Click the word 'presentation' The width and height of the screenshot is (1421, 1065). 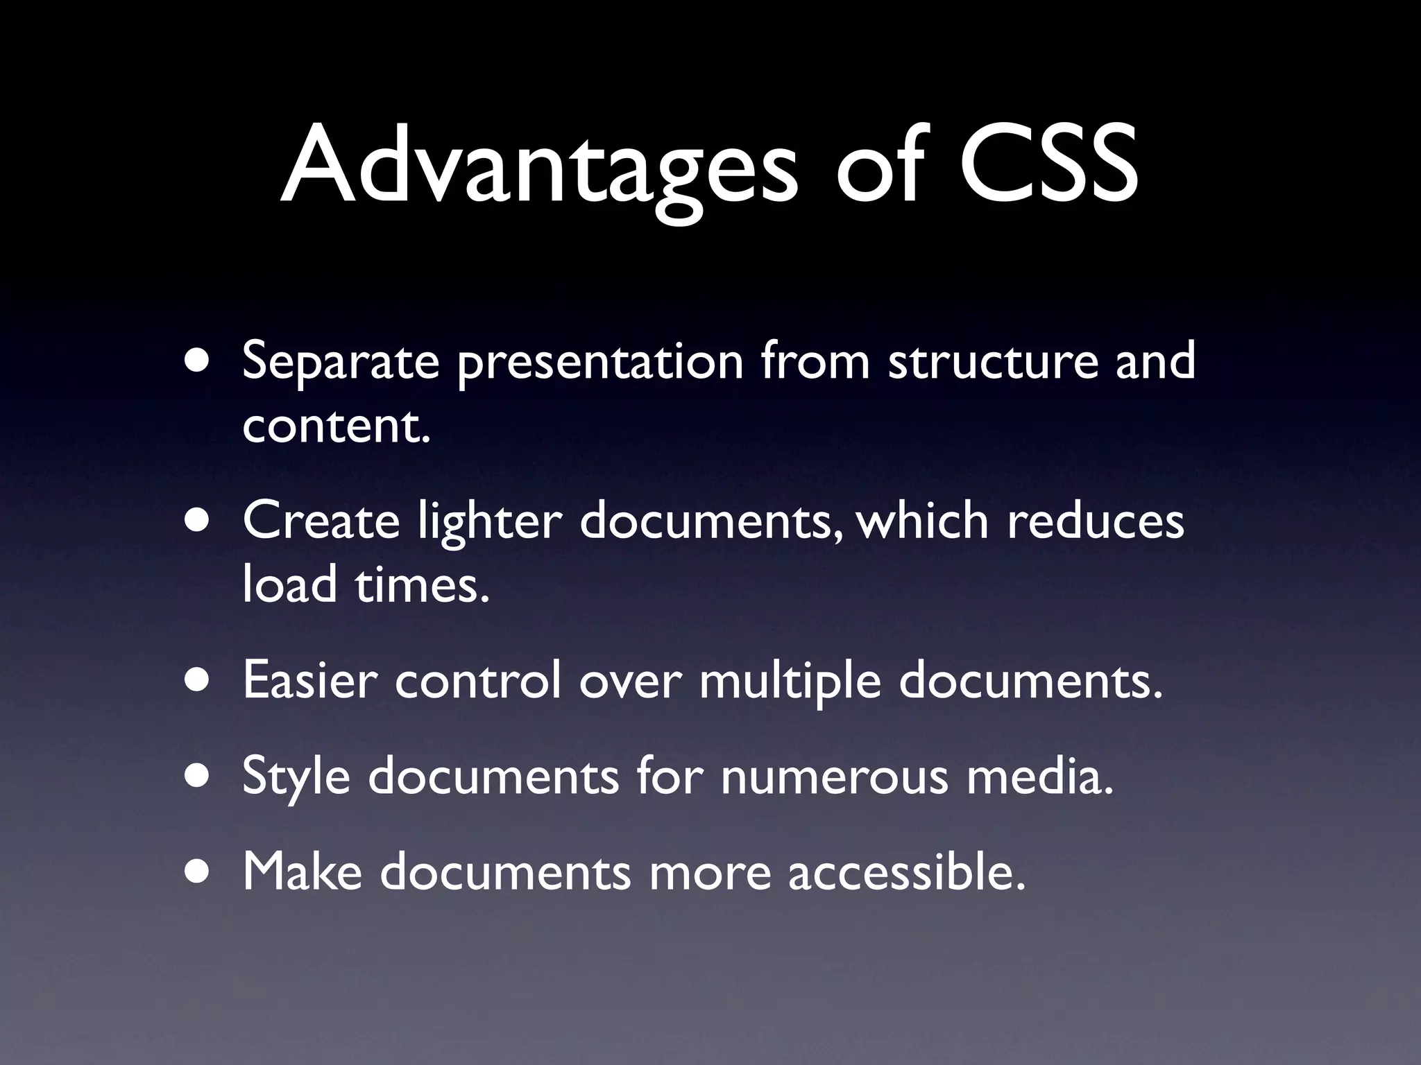click(x=600, y=363)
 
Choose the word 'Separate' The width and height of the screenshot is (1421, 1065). click(x=341, y=363)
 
